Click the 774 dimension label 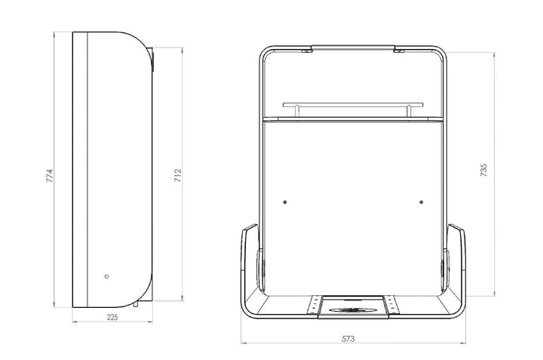pyautogui.click(x=50, y=176)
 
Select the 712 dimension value pyautogui.click(x=177, y=176)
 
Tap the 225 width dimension pyautogui.click(x=112, y=317)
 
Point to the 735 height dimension pyautogui.click(x=483, y=170)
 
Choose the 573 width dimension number pyautogui.click(x=348, y=339)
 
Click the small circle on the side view pyautogui.click(x=106, y=276)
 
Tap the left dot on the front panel pyautogui.click(x=285, y=202)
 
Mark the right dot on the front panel pyautogui.click(x=421, y=202)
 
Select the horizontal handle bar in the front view pyautogui.click(x=353, y=104)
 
